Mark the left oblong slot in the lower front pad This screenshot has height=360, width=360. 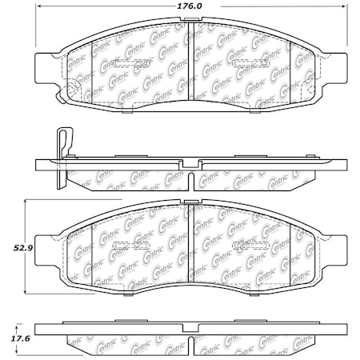coord(126,245)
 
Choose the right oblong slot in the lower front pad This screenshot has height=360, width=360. coord(244,245)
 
